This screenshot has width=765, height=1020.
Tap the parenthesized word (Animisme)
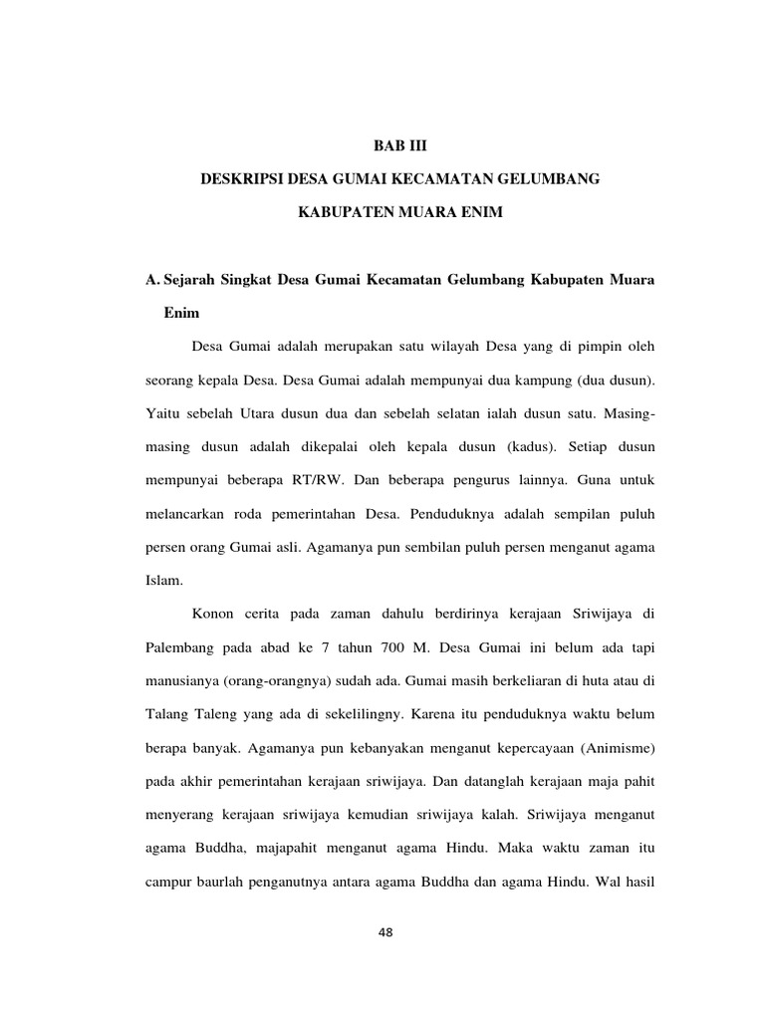611,747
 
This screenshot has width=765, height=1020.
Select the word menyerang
182,815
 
